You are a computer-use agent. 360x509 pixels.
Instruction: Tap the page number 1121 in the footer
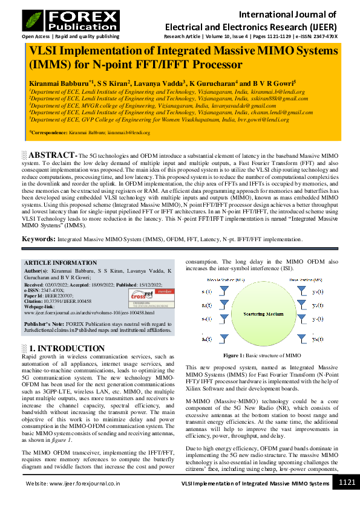coord(346,482)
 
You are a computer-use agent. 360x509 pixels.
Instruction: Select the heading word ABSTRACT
coord(52,155)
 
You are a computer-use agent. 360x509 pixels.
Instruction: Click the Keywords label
coord(39,239)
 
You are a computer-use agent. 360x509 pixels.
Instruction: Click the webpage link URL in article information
coord(90,313)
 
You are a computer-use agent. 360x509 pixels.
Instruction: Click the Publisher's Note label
coord(44,324)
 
